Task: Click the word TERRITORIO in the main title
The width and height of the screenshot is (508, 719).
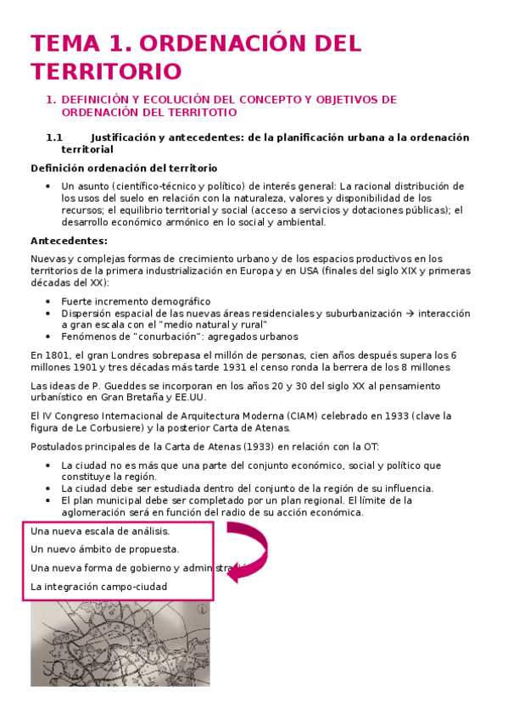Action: click(106, 70)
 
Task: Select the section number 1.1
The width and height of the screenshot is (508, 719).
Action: click(54, 137)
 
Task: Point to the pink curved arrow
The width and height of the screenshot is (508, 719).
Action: click(245, 555)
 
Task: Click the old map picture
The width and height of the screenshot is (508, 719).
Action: click(120, 644)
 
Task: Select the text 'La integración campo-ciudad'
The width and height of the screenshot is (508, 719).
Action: click(98, 586)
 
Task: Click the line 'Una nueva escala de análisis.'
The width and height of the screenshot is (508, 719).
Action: click(100, 531)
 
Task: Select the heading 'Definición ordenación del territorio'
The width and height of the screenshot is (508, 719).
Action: click(124, 168)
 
